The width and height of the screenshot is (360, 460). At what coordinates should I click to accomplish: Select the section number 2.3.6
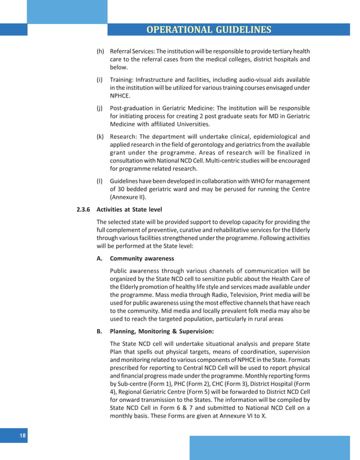coord(84,210)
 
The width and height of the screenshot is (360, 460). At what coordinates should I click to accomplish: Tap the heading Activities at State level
coord(129,210)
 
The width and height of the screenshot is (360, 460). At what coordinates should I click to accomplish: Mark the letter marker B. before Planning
coord(99,331)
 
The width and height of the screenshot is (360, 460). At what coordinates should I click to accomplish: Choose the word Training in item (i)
coord(122,80)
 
